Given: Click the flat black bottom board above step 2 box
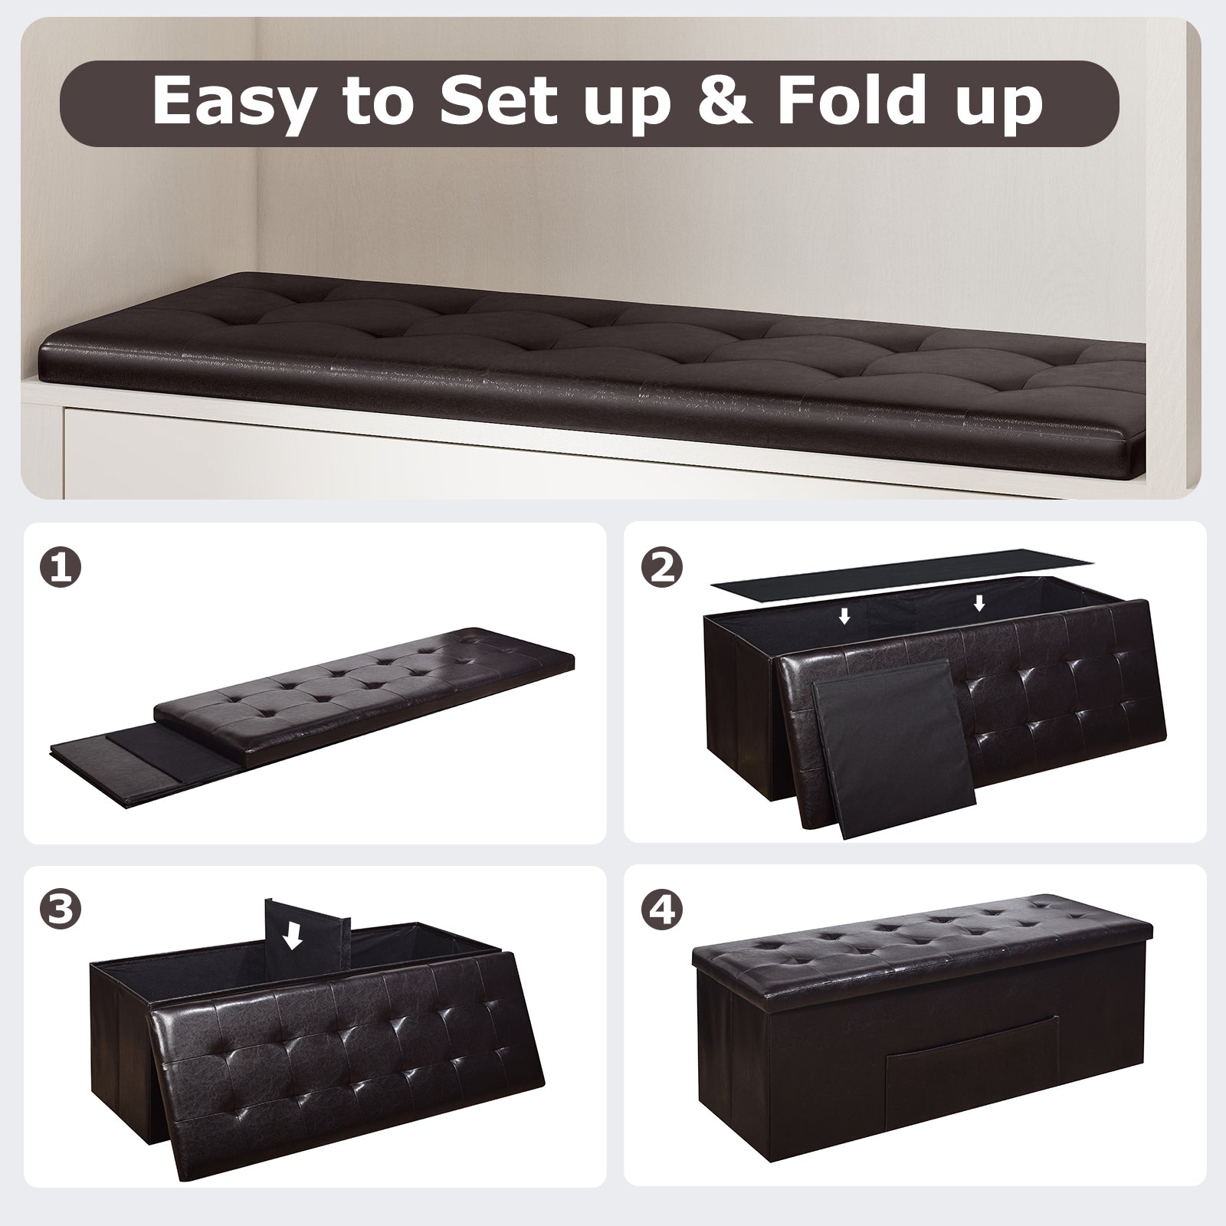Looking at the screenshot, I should click(904, 572).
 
